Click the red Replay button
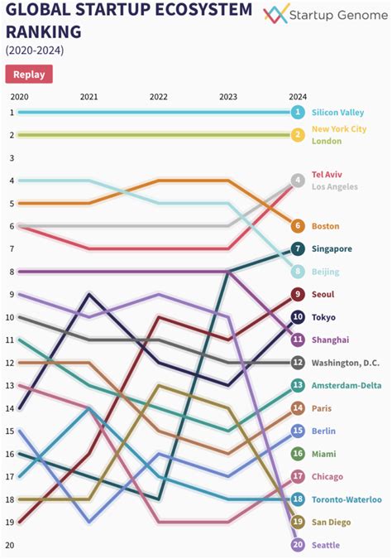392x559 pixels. [x=29, y=74]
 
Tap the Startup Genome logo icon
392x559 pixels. [x=275, y=13]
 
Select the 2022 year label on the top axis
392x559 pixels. [x=158, y=97]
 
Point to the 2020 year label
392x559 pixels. [x=19, y=97]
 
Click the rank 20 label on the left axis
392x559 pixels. [x=10, y=545]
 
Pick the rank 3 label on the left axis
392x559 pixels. [x=12, y=157]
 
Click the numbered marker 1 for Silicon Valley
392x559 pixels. [x=298, y=112]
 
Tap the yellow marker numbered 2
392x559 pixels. [x=298, y=135]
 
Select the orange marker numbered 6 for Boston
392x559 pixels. [x=298, y=226]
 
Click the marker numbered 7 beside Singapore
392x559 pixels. [x=298, y=248]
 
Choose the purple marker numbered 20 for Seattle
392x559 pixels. [x=298, y=544]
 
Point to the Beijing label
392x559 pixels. [x=325, y=272]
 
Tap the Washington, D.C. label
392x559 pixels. [x=346, y=363]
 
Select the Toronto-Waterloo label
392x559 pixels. [x=347, y=499]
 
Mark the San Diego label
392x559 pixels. [x=331, y=523]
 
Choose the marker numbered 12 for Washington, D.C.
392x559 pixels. [x=298, y=363]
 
